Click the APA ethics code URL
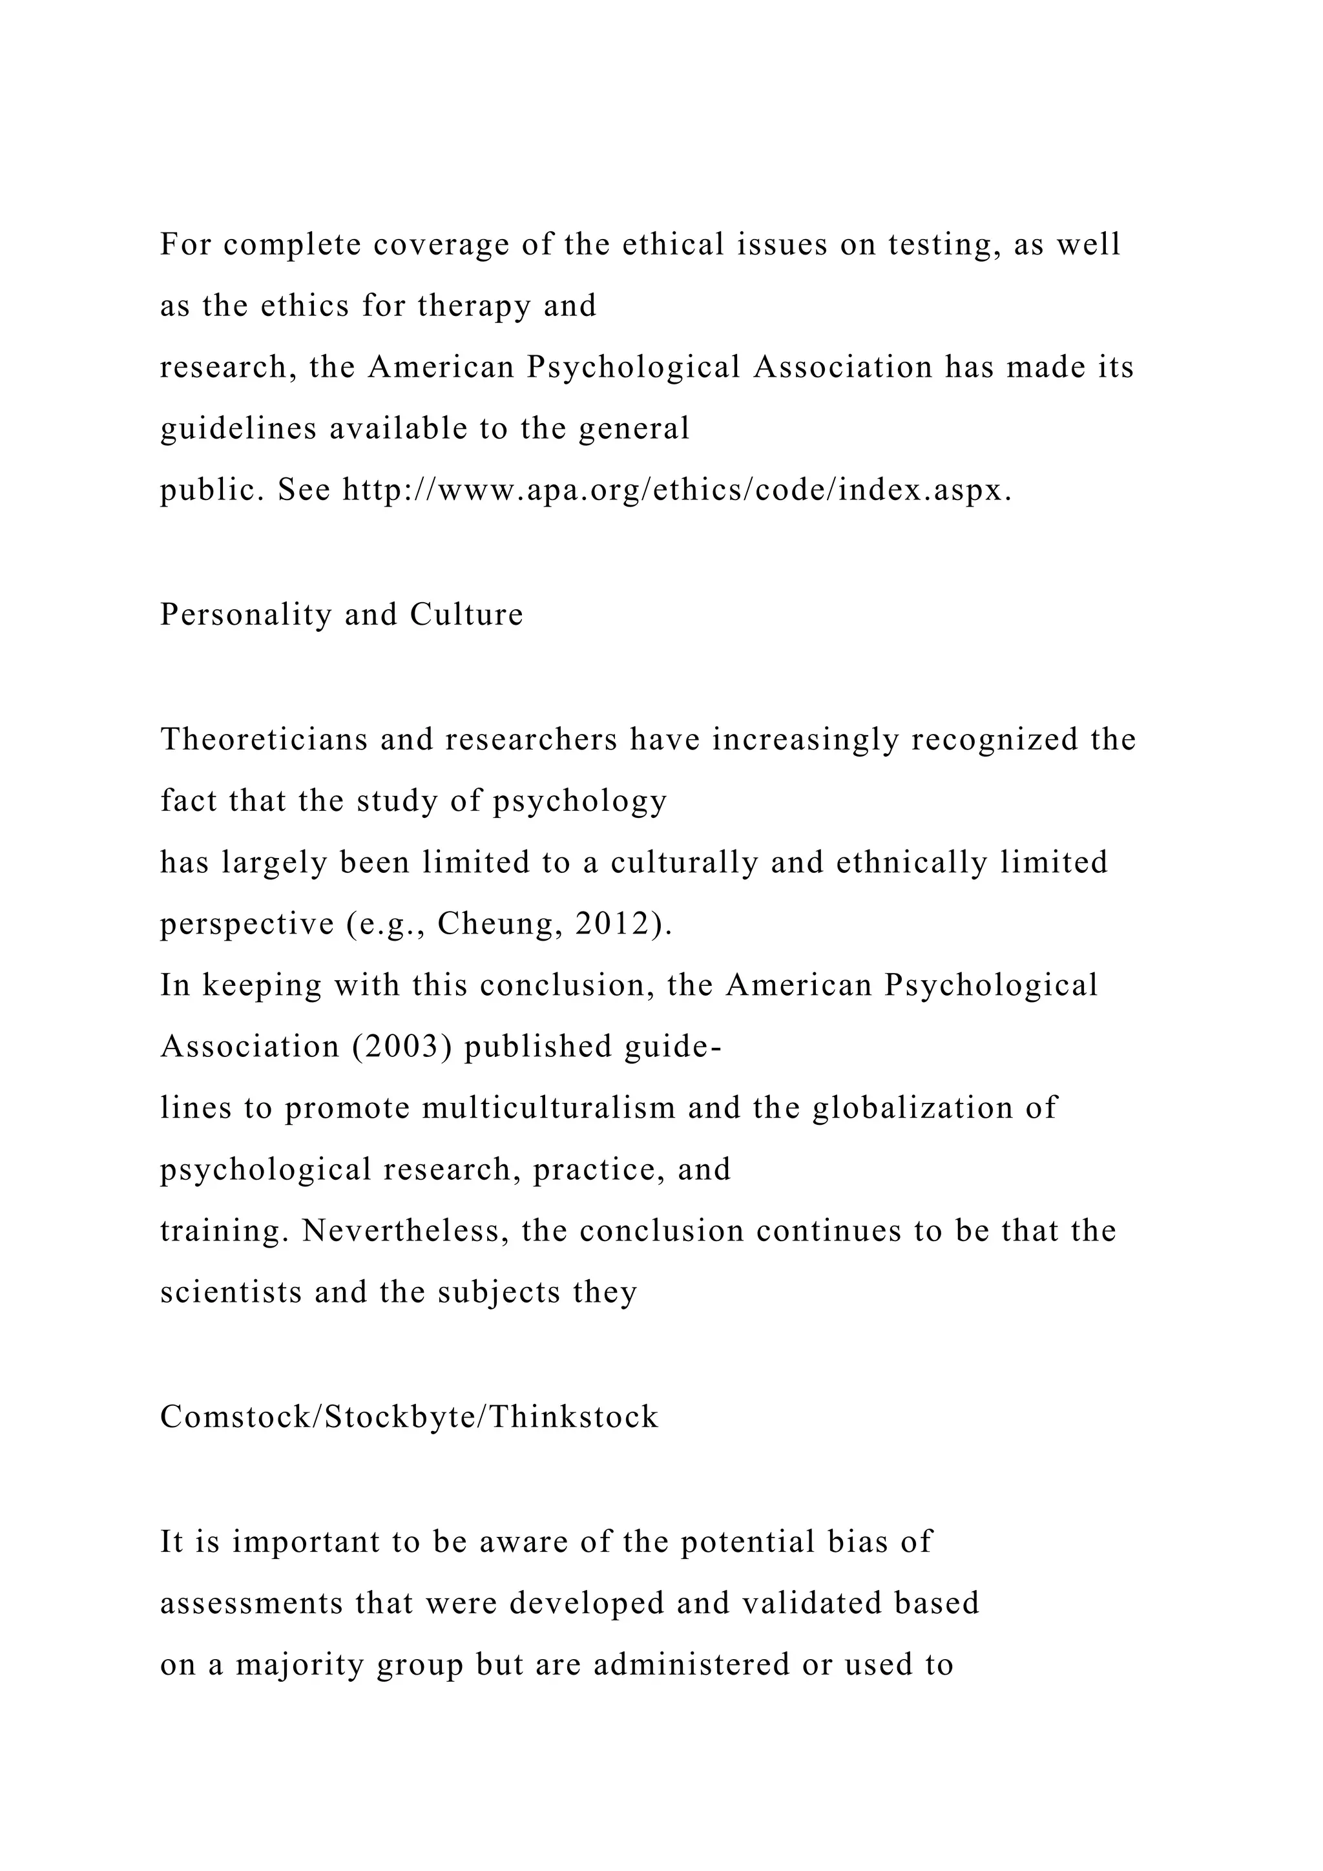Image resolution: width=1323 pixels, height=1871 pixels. pyautogui.click(x=676, y=490)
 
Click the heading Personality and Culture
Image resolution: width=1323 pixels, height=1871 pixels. pyautogui.click(x=341, y=614)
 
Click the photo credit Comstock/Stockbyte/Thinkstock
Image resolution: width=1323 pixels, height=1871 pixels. pyautogui.click(x=409, y=1417)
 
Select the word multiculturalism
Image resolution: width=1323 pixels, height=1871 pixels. pyautogui.click(x=549, y=1107)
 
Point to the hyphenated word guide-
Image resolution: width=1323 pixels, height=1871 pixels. pyautogui.click(x=673, y=1047)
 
